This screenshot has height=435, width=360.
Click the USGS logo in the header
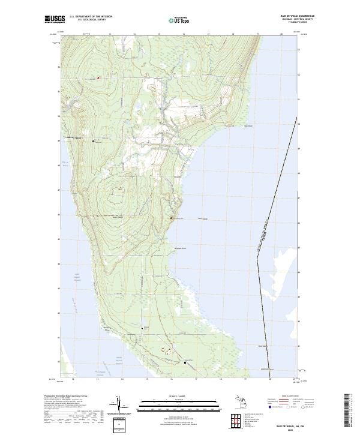coord(55,20)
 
